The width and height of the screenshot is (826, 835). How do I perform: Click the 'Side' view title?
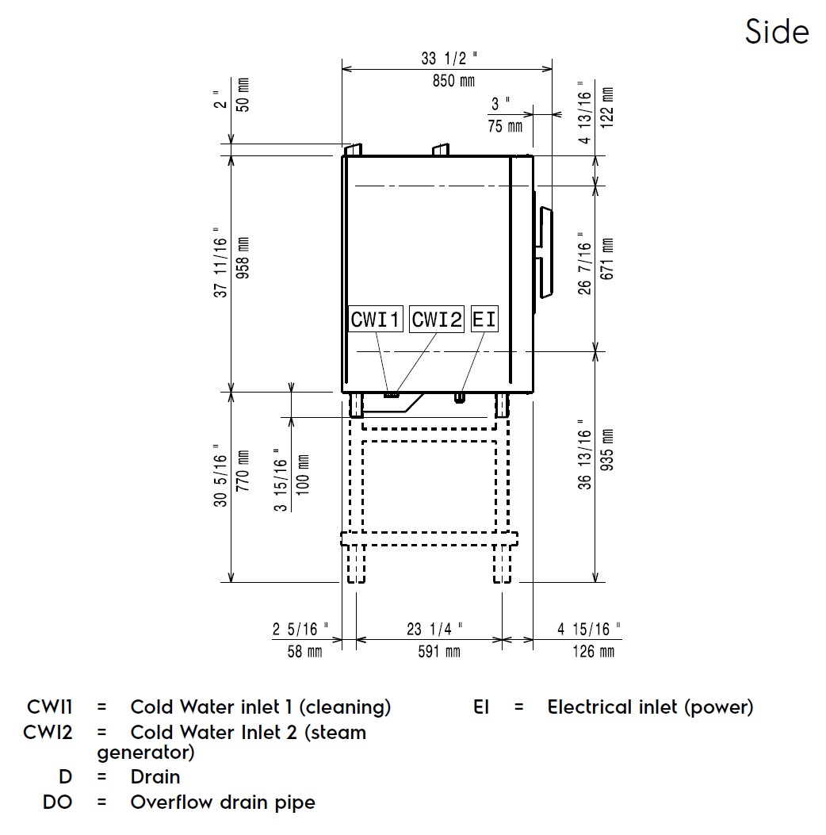[776, 32]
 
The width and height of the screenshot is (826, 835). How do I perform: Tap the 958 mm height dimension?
[243, 266]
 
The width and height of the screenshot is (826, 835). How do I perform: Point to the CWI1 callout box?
[377, 320]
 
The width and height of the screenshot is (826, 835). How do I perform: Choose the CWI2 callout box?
[436, 320]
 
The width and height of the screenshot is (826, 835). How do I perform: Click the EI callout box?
[484, 320]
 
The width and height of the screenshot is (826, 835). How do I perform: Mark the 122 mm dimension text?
[607, 102]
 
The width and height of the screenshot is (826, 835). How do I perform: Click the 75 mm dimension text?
[505, 125]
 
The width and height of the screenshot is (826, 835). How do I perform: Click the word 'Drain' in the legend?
[155, 777]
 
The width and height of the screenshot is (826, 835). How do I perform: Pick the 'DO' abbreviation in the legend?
[57, 802]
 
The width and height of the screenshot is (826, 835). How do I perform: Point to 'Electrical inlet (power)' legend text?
[650, 707]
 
